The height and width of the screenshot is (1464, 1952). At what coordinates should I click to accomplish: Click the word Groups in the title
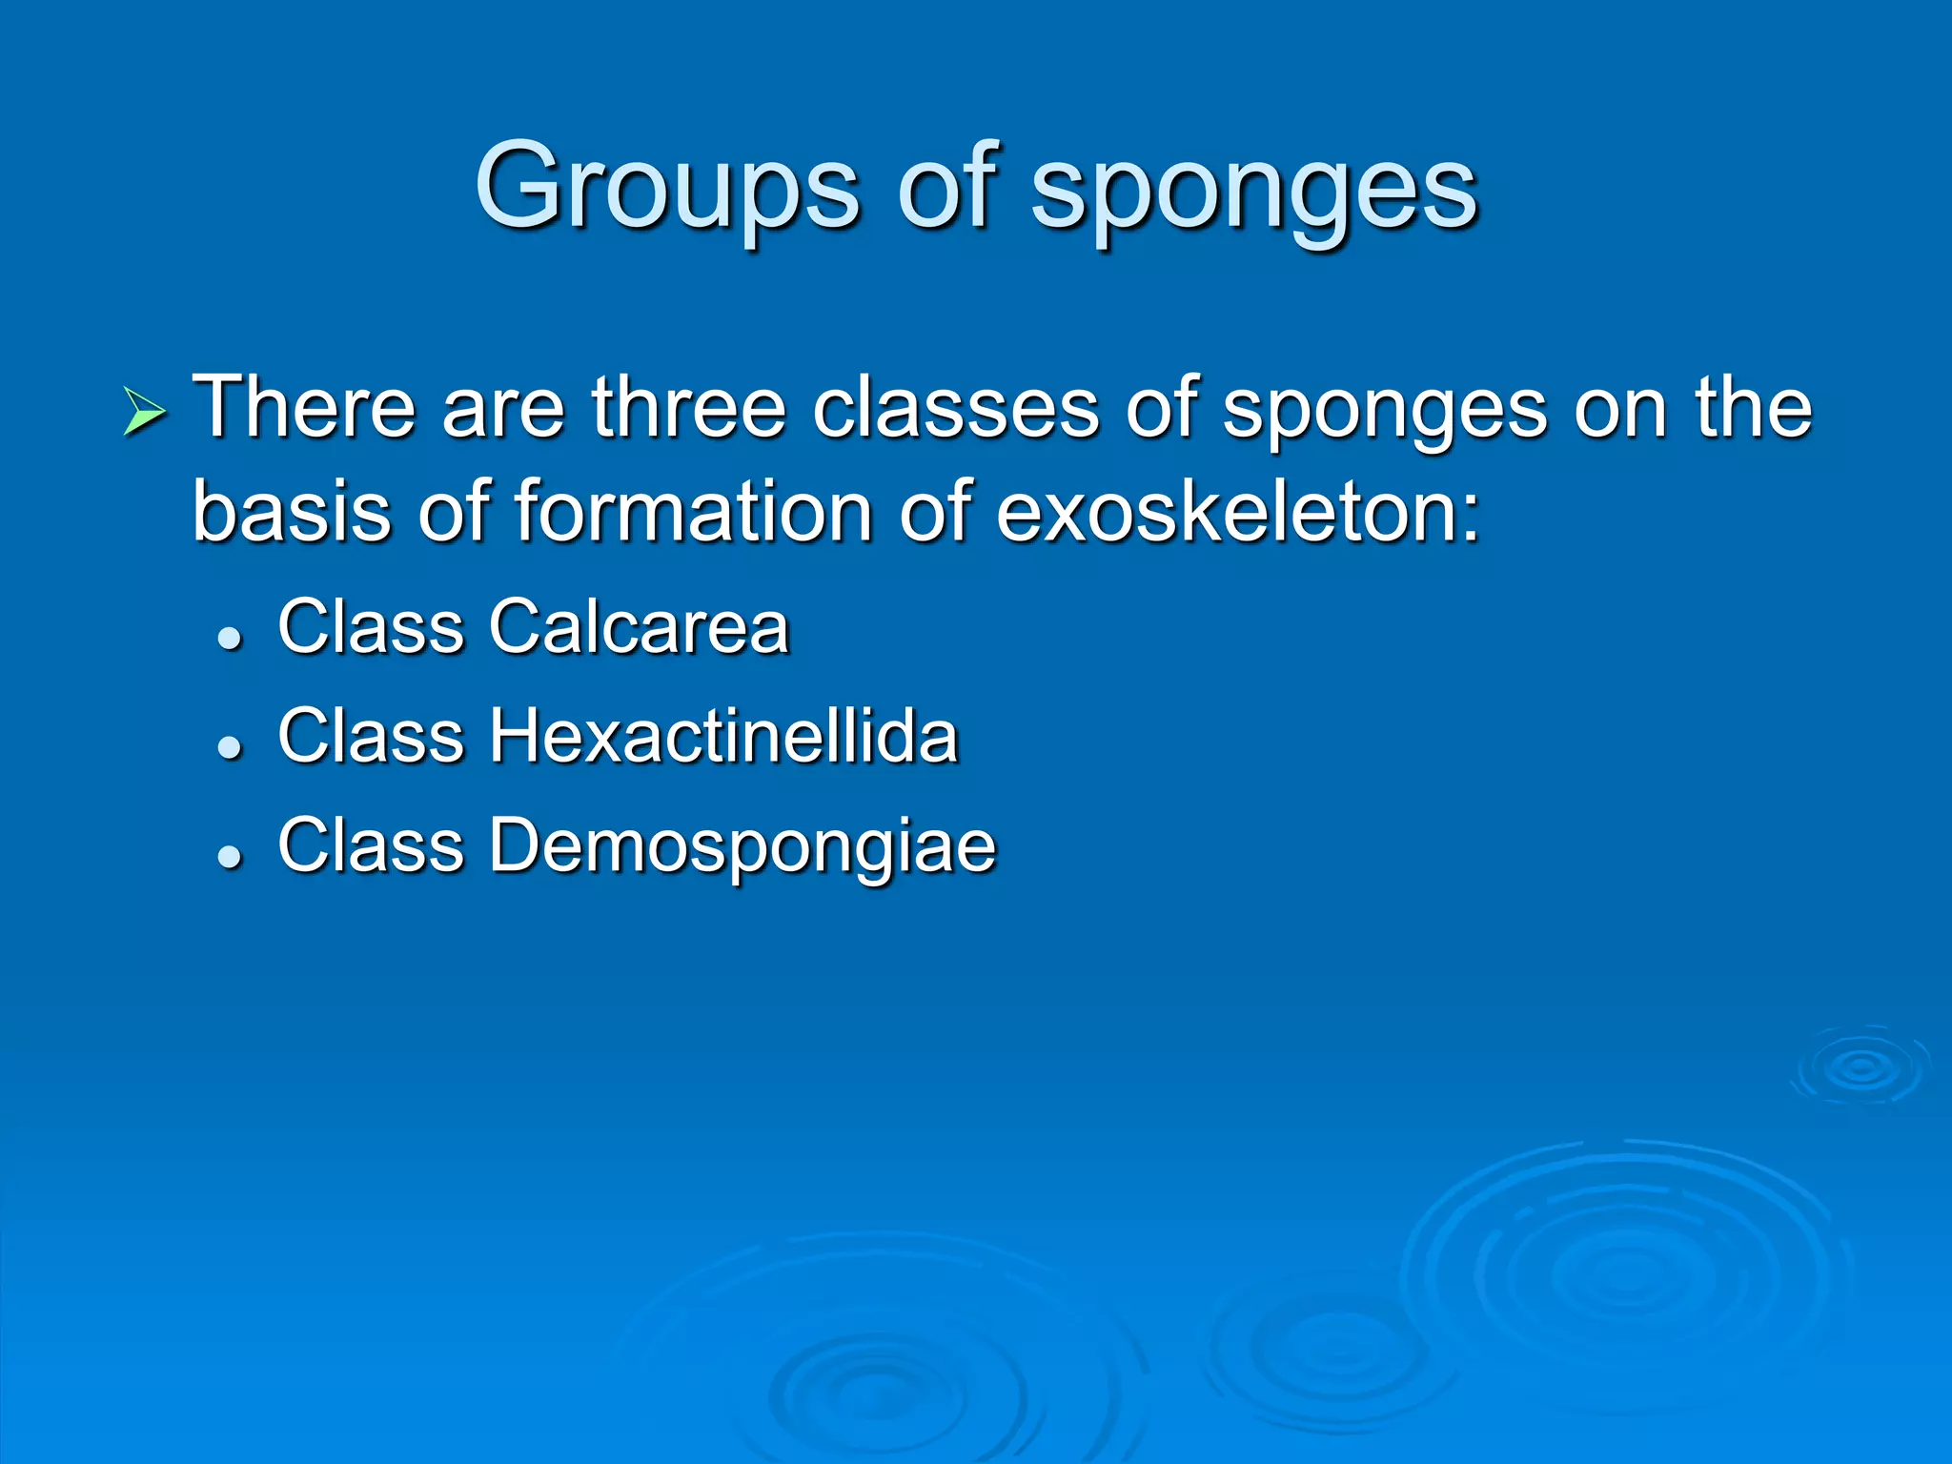(667, 188)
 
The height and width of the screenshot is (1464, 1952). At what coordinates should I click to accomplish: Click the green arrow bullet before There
(145, 413)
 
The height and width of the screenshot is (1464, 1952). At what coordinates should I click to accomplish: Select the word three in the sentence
(688, 408)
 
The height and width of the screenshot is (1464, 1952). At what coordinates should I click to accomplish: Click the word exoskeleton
(1236, 512)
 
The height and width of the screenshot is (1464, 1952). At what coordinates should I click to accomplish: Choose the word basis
(292, 512)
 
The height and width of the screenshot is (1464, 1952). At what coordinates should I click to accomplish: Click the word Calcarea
(639, 627)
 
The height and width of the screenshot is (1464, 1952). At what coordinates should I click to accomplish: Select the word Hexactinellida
(722, 736)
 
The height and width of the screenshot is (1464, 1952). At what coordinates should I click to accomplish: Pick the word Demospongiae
(742, 846)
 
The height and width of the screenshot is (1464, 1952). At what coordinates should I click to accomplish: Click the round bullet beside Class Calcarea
(230, 638)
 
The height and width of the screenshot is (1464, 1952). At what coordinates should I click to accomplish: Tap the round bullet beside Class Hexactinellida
(230, 747)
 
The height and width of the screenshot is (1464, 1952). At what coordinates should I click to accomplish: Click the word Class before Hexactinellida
(370, 736)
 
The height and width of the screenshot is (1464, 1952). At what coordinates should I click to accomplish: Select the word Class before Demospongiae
(370, 845)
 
